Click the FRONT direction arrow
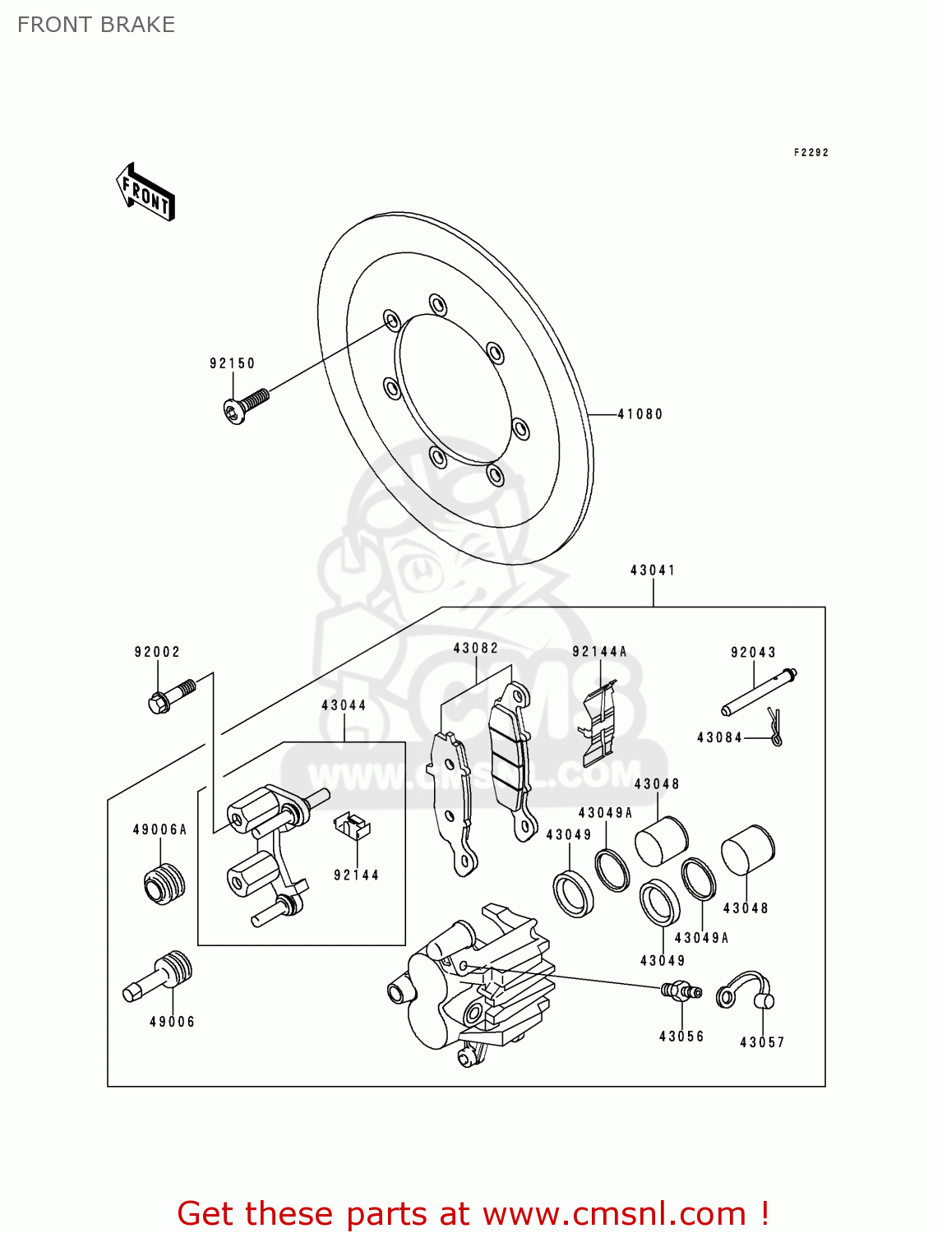click(x=146, y=192)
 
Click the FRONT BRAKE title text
click(x=96, y=25)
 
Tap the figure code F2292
click(x=810, y=153)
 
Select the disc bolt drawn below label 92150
click(x=246, y=405)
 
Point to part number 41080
click(x=640, y=414)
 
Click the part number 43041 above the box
click(x=653, y=570)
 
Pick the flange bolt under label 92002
click(x=171, y=695)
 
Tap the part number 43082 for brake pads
click(x=476, y=648)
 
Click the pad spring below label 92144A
click(x=600, y=723)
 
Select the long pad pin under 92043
click(x=758, y=693)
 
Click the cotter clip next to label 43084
click(x=775, y=727)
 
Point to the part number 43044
click(x=344, y=705)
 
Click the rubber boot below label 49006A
click(x=164, y=883)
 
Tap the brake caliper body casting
click(x=469, y=986)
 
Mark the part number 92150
click(x=232, y=363)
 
